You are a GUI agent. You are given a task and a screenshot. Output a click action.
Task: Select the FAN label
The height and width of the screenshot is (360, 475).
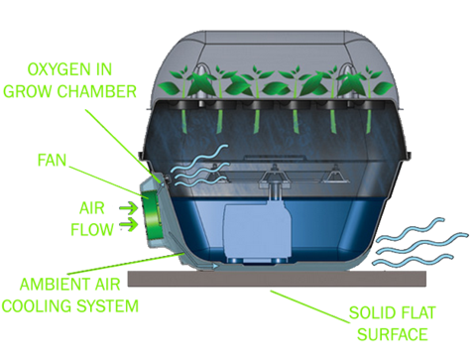click(56, 160)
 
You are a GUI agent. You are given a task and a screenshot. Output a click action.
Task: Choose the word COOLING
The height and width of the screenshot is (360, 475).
click(38, 306)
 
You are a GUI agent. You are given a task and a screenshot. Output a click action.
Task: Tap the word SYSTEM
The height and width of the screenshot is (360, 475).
click(106, 306)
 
